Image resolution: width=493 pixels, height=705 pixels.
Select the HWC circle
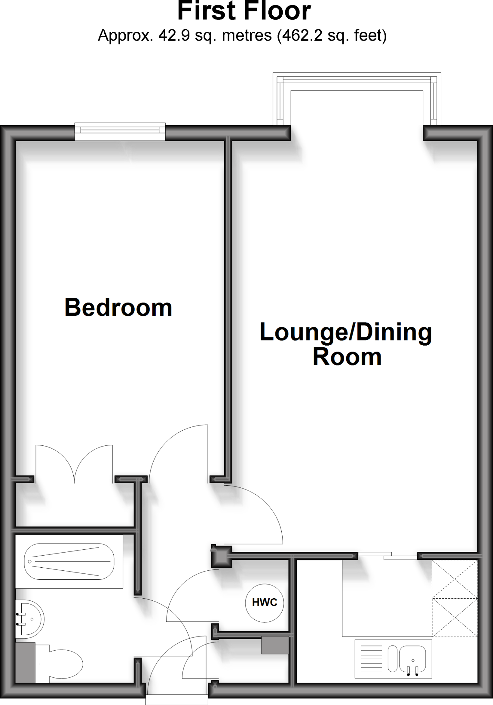pos(264,602)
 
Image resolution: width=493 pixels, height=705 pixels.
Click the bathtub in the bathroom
pos(69,561)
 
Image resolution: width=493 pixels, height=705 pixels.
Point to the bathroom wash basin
pos(31,619)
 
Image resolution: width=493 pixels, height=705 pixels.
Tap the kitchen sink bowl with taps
pos(412,659)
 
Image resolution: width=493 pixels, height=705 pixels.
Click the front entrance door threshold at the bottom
pos(177,699)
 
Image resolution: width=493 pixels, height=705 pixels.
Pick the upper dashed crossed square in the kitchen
pos(455,579)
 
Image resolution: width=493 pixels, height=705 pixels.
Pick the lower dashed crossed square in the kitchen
pos(455,617)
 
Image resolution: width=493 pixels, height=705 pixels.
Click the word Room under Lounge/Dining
pos(347,357)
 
